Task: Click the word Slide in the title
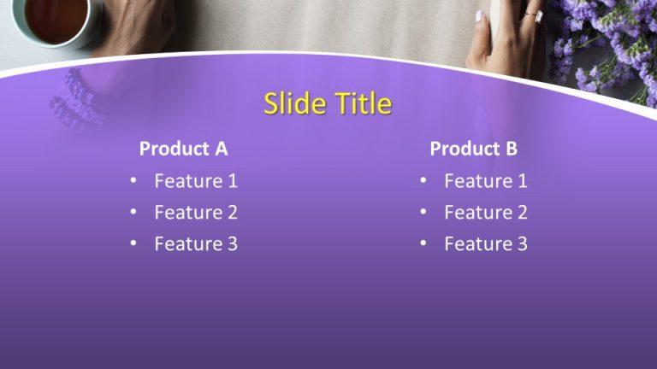pyautogui.click(x=294, y=103)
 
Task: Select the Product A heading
pyautogui.click(x=183, y=149)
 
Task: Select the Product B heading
pyautogui.click(x=473, y=149)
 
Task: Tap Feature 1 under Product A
pyautogui.click(x=195, y=181)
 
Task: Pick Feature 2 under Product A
pyautogui.click(x=195, y=213)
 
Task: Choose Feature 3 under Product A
pyautogui.click(x=195, y=244)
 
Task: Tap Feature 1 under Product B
pyautogui.click(x=485, y=181)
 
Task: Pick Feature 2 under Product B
pyautogui.click(x=485, y=213)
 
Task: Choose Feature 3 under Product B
pyautogui.click(x=485, y=244)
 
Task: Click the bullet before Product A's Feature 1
pyautogui.click(x=133, y=181)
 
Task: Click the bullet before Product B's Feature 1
pyautogui.click(x=423, y=181)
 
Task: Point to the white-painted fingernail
pyautogui.click(x=480, y=15)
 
